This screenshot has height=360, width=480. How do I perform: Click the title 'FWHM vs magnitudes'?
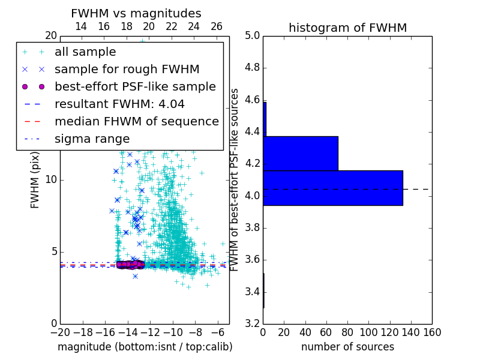pos(136,13)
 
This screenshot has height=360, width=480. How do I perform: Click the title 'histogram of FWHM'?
pos(347,28)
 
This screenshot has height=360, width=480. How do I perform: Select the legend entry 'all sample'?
pos(85,52)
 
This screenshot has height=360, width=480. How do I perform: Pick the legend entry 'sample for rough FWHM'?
pos(127,70)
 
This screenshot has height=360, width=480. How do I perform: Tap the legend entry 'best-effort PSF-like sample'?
pos(135,87)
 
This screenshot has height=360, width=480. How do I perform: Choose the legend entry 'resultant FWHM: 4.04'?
pos(119,104)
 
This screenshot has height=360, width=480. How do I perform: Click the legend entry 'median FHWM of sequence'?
pos(136,122)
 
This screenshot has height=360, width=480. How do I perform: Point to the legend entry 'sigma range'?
pos(92,139)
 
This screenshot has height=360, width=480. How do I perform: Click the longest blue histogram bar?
pos(332,188)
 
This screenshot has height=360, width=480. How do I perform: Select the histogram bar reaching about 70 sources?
pos(300,153)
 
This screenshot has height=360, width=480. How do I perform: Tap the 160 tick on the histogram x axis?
pos(432,332)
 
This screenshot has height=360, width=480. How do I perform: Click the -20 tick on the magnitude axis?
pos(60,332)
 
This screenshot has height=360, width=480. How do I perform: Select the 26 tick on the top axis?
pos(217,27)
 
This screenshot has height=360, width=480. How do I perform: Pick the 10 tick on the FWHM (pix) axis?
pos(51,180)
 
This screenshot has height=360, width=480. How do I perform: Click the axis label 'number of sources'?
pos(347,347)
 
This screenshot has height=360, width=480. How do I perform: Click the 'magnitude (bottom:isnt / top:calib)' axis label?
pos(145,347)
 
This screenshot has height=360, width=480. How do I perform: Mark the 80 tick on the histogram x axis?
pos(347,332)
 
